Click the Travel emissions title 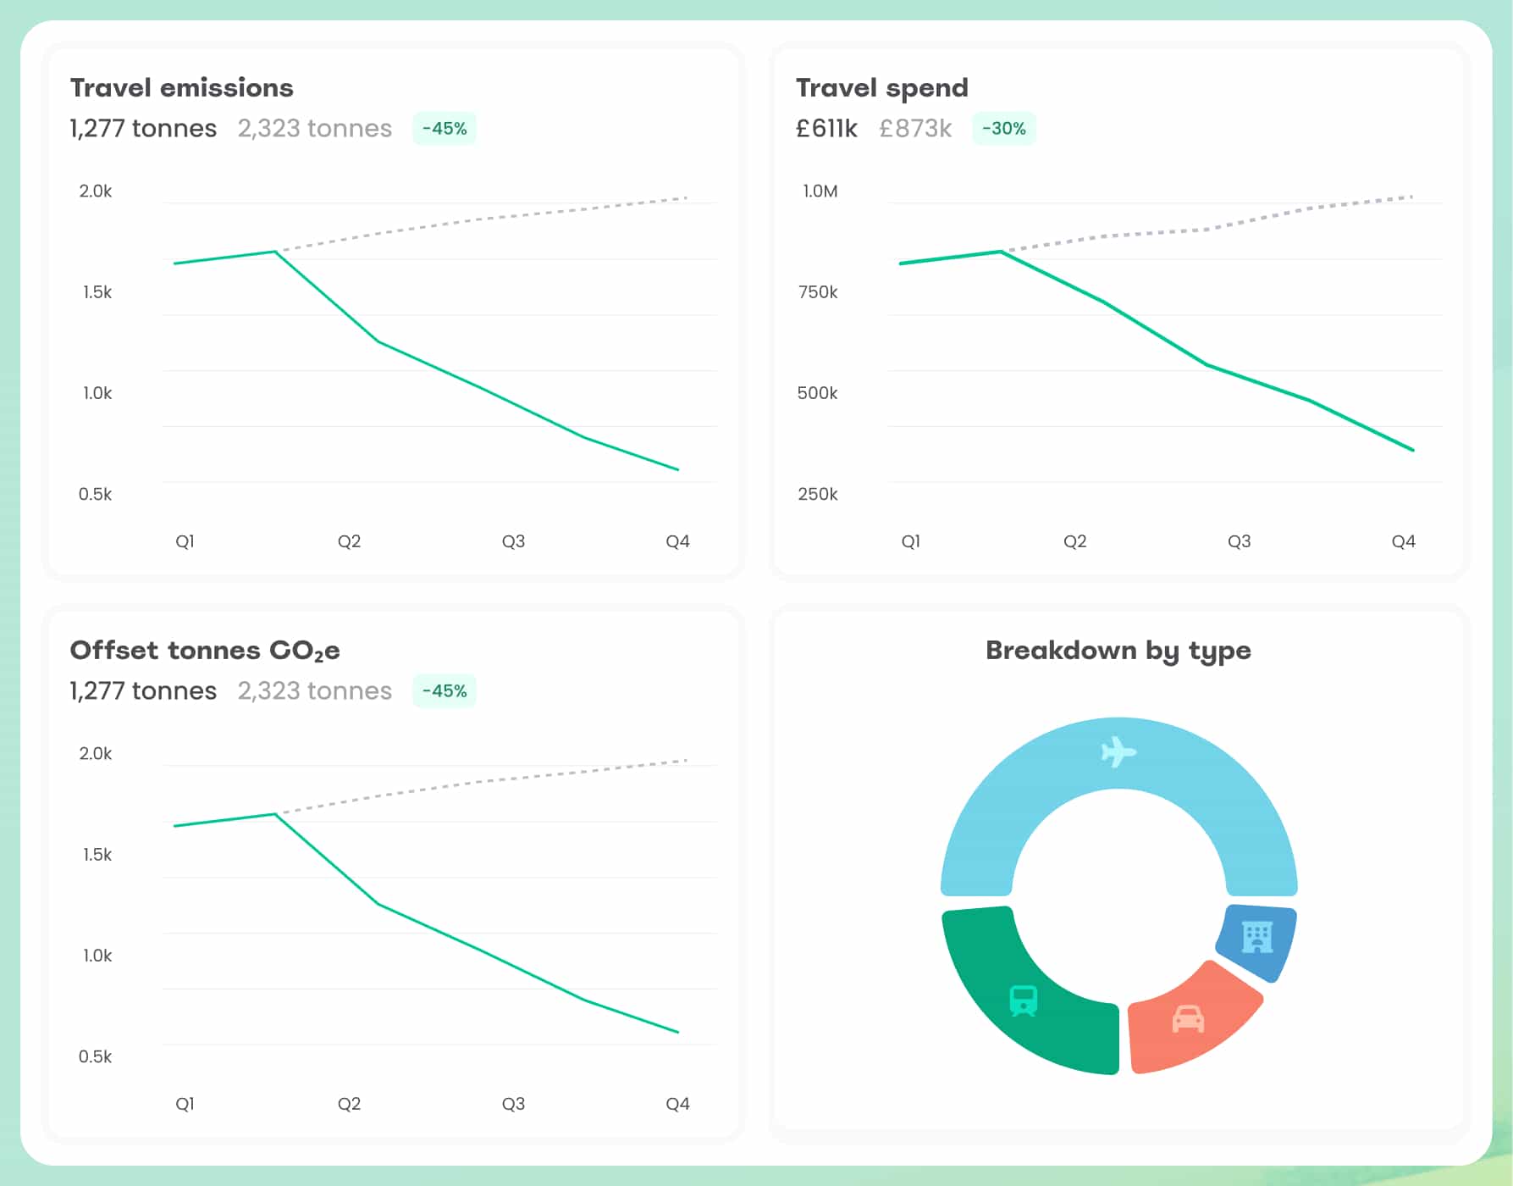click(181, 87)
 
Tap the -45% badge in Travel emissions click(445, 129)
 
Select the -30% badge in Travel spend click(1003, 129)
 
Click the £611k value click(826, 129)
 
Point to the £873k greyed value click(915, 129)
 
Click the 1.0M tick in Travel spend click(820, 191)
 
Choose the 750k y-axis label click(817, 292)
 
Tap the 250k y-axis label click(817, 494)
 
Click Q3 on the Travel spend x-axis click(1239, 541)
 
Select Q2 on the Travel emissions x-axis click(349, 541)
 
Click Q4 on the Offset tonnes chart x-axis click(677, 1104)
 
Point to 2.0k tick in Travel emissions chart click(96, 191)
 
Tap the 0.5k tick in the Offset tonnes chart click(95, 1056)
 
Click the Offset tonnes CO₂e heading click(205, 651)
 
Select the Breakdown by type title click(1118, 651)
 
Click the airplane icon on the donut click(1118, 751)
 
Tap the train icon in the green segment click(1024, 1000)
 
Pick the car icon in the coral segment click(1188, 1018)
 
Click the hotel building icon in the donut click(1257, 937)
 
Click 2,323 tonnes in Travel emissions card click(314, 129)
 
